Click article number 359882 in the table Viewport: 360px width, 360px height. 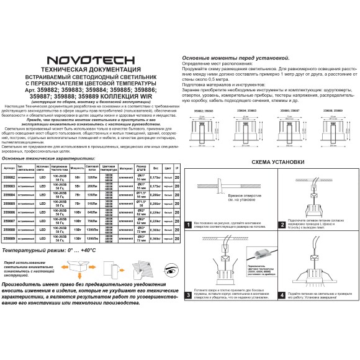tap(9, 177)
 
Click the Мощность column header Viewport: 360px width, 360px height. tap(77, 168)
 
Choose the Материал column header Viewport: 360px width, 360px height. tap(125, 168)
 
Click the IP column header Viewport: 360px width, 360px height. tap(177, 168)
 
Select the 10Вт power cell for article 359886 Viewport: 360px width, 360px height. tap(77, 212)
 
